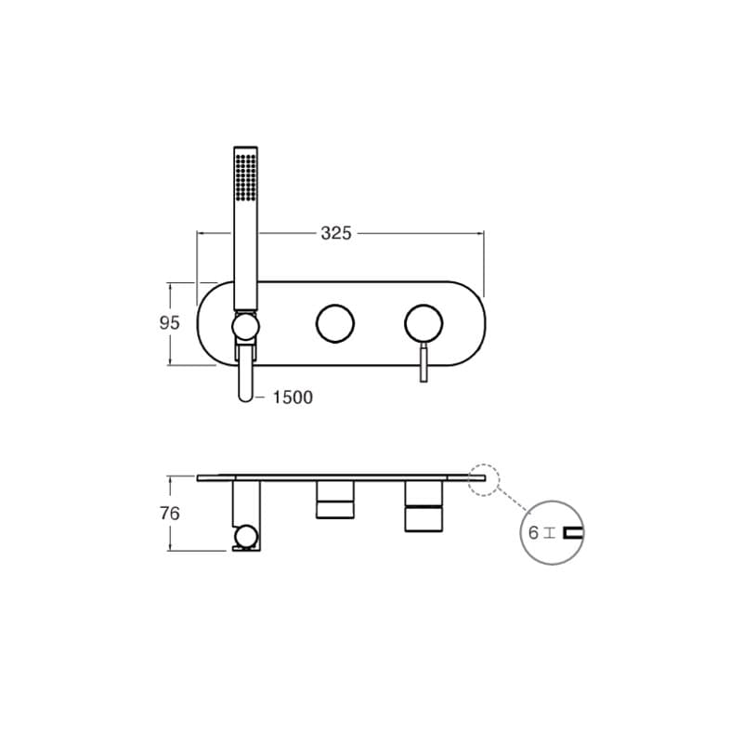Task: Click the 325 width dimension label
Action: coord(336,233)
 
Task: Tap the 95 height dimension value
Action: coord(169,323)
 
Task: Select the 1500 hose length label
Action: coord(293,398)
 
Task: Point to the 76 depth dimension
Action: coord(169,513)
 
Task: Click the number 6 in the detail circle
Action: coord(534,533)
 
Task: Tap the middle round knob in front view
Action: coord(334,323)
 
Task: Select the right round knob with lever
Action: coord(424,323)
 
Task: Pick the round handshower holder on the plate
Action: coord(245,327)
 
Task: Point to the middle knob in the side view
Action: coord(334,499)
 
